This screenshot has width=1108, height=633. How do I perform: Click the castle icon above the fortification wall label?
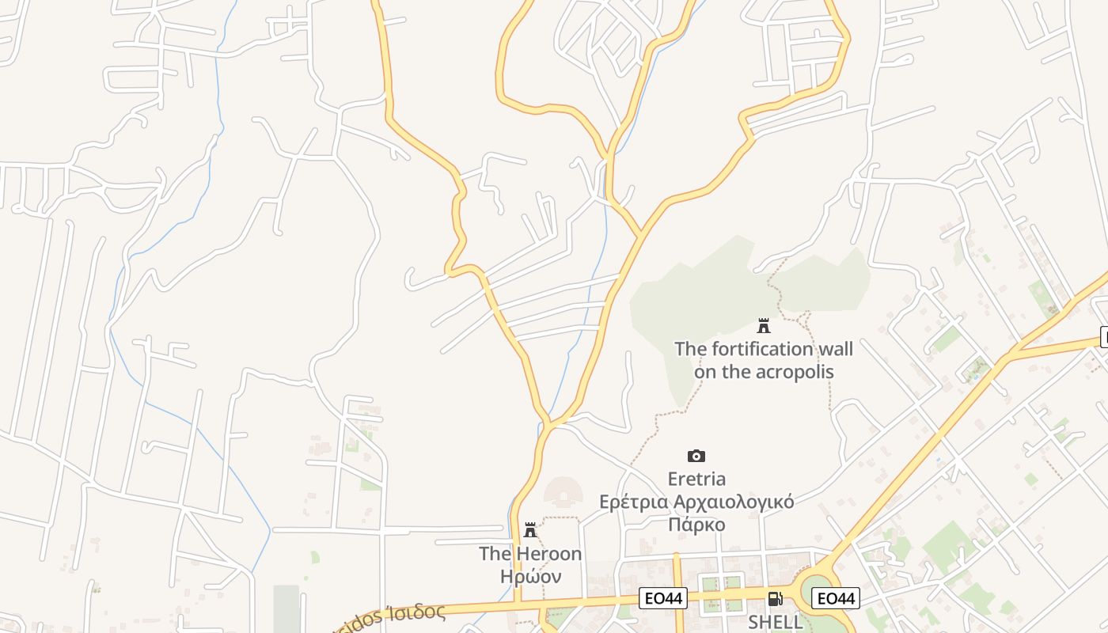(764, 325)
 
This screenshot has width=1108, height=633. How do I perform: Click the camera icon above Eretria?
(696, 456)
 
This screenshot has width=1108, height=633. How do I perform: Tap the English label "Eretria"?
(696, 479)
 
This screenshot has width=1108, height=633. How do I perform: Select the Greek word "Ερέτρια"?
(631, 502)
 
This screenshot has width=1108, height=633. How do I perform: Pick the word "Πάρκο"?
(696, 525)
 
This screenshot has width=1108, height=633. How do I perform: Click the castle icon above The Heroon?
(530, 530)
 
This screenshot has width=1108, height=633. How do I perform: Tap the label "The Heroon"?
(530, 554)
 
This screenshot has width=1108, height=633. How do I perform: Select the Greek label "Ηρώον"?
(530, 576)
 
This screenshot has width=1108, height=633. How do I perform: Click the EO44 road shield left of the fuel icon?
(662, 599)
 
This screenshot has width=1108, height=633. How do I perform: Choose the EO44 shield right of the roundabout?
(837, 599)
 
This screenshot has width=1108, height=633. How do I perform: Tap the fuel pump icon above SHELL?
(775, 599)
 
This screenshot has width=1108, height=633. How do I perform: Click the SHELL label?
(775, 622)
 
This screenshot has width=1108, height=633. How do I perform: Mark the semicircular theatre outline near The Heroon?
(563, 492)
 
